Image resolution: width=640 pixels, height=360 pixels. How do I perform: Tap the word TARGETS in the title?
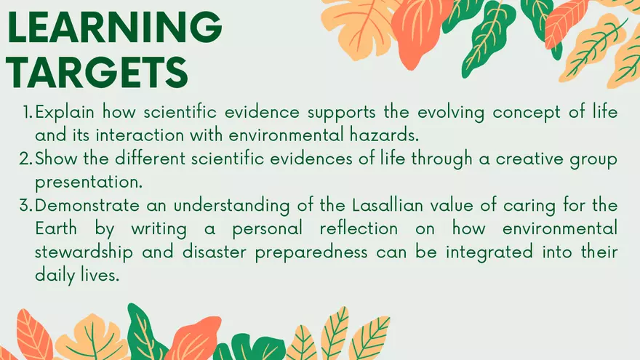97,72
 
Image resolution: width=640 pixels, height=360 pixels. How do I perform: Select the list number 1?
28,112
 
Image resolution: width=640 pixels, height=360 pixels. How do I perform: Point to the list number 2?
25,159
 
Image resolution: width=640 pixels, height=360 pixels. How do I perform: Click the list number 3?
25,205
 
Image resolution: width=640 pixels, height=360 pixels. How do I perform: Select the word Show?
56,159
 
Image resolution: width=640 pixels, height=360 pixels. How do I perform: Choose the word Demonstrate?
87,205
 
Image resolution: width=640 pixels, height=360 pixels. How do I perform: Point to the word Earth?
56,228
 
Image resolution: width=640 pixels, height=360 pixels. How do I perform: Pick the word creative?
529,159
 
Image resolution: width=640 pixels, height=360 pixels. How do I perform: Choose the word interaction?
140,135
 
